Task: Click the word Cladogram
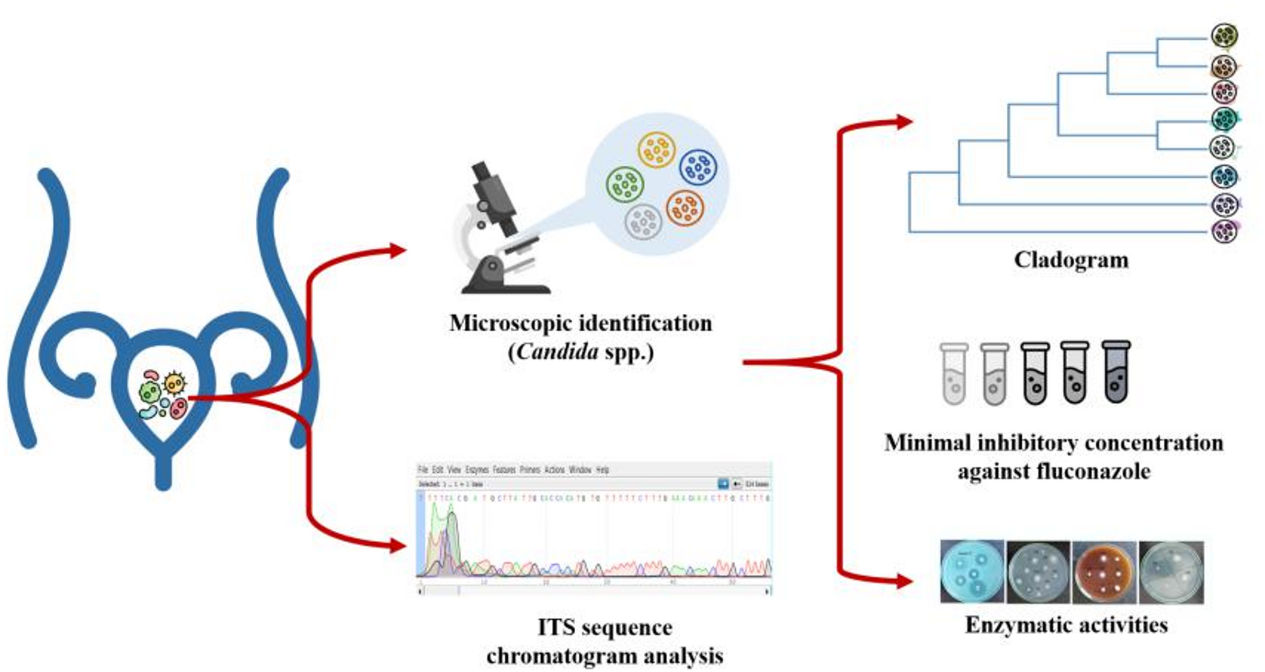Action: pos(1071,260)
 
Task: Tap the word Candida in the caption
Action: pos(557,351)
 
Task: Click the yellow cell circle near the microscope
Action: pos(656,150)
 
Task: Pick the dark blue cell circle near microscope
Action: pos(698,167)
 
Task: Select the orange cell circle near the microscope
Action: pos(685,207)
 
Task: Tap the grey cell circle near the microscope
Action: pos(643,222)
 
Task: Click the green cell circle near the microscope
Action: pos(624,185)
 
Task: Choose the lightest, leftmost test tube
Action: pos(954,374)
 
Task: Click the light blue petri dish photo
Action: pos(972,572)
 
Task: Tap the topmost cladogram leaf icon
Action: pos(1224,35)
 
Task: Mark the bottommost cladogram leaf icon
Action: pos(1224,231)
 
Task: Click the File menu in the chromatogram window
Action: pos(423,470)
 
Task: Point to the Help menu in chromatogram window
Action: pos(602,470)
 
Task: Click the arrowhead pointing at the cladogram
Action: pos(904,121)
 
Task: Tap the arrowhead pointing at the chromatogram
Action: pos(398,546)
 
